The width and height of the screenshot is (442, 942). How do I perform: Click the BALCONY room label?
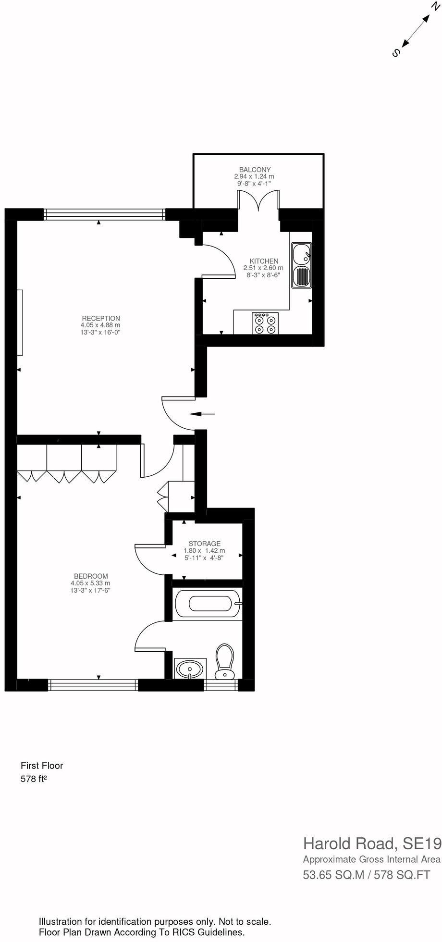coord(255,170)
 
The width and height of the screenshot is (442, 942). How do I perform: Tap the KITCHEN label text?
coord(264,261)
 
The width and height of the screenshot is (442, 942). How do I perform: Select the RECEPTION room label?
coord(101,318)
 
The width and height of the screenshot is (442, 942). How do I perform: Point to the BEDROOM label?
coord(91,576)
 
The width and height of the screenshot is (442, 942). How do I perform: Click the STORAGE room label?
coord(204,544)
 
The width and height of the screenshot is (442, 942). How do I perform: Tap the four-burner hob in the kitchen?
coord(265,323)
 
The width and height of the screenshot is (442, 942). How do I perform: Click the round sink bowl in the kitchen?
coord(301,253)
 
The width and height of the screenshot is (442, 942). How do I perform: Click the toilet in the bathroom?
coord(224,661)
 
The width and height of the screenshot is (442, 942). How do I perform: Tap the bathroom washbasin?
coord(190,669)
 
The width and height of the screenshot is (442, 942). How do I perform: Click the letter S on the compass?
coord(396,53)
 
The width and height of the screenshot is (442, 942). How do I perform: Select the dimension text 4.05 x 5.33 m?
coord(90,583)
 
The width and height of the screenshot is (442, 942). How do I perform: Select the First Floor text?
coord(42,766)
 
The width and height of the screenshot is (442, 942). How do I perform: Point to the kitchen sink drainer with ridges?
coord(301,277)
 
